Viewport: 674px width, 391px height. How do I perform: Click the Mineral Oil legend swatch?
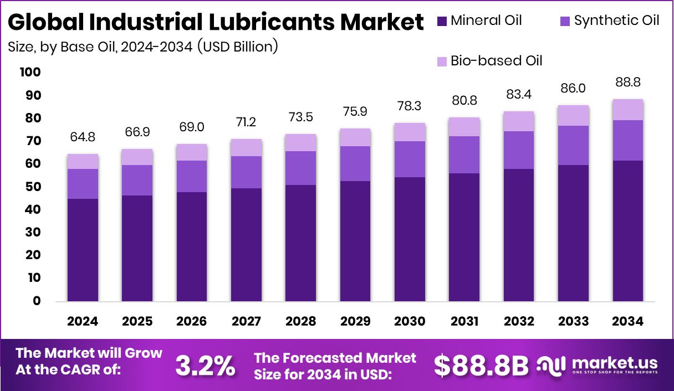pos(442,22)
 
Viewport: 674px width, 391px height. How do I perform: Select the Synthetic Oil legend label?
pos(616,21)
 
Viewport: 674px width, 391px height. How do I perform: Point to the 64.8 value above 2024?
pos(83,136)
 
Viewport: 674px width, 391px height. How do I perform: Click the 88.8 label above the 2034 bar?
pos(627,82)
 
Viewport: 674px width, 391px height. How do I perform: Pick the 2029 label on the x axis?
pos(355,322)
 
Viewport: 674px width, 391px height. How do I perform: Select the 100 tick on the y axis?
pos(30,73)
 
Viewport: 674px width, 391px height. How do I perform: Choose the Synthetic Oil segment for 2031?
pos(464,155)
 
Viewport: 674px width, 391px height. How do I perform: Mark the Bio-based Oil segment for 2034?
pos(628,110)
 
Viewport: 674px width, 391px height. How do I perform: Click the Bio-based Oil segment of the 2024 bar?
pos(83,161)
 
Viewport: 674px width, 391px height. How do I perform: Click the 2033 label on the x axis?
pos(573,322)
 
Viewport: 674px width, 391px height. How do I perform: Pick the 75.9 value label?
pos(355,111)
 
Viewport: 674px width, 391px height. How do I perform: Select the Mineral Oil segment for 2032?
pos(519,235)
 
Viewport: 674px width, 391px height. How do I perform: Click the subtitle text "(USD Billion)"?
pos(237,47)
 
